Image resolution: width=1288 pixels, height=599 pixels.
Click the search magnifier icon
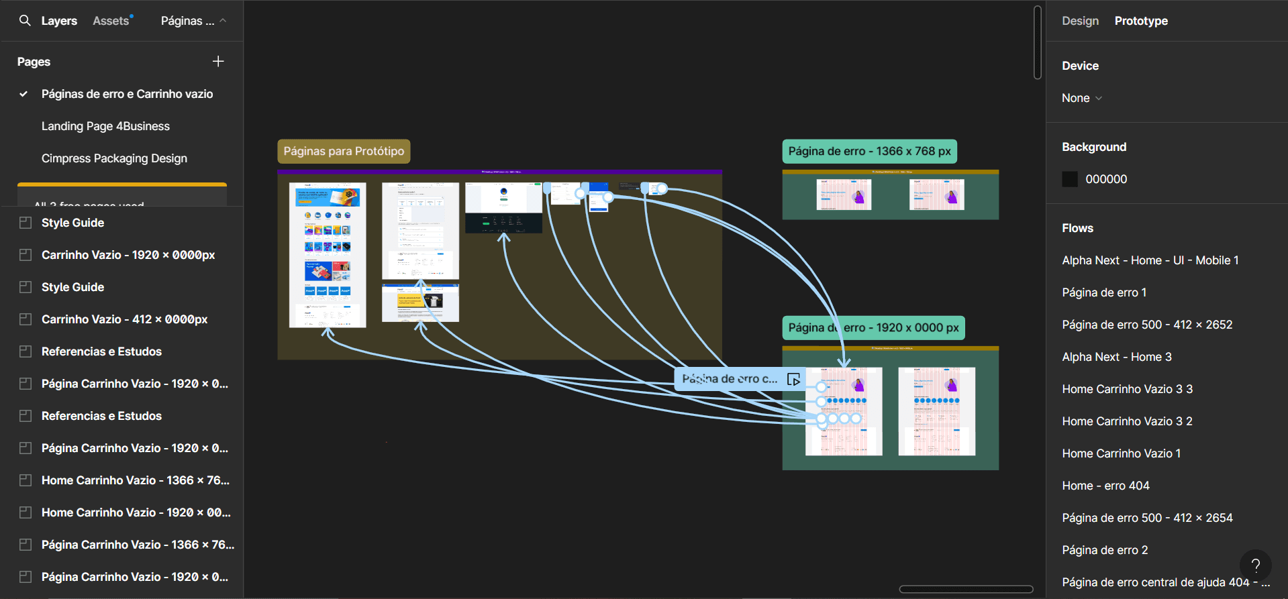[x=25, y=21]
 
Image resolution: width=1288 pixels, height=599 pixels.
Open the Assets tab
[x=111, y=21]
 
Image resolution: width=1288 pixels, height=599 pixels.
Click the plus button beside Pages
[x=218, y=62]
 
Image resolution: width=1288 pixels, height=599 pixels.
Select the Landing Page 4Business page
[x=105, y=126]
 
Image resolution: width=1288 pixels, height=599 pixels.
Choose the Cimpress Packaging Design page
[x=114, y=158]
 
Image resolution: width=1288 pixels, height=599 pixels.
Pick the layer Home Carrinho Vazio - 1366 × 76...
[x=135, y=480]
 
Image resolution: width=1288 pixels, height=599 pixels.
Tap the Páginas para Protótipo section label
[x=344, y=152]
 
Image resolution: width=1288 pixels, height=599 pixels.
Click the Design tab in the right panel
[x=1080, y=21]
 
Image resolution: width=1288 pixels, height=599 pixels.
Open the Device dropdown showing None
[x=1081, y=98]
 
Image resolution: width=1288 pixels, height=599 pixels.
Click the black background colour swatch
[x=1070, y=179]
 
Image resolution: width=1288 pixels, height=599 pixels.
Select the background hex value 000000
[x=1106, y=179]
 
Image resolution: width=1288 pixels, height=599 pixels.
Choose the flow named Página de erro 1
[x=1104, y=292]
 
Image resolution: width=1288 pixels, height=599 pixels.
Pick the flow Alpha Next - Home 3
[x=1117, y=357]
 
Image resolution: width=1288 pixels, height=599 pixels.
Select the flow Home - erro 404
[x=1105, y=486]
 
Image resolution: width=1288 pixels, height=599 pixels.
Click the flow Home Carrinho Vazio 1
[x=1121, y=453]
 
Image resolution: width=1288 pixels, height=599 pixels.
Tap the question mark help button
[x=1255, y=565]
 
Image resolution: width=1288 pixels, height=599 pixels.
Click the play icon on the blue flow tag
[x=793, y=380]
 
